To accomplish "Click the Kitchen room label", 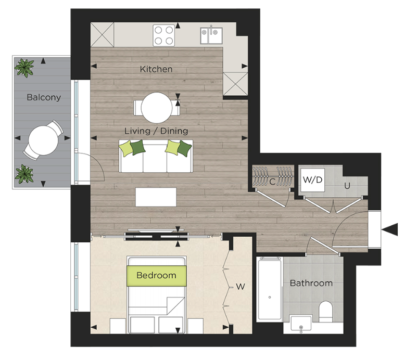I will (156, 69).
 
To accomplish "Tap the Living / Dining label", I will (156, 131).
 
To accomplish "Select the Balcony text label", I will (44, 97).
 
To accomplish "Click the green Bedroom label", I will (156, 275).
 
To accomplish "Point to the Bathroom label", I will (311, 284).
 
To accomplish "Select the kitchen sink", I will (211, 35).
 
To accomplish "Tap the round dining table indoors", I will (157, 107).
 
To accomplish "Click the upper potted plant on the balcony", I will (24, 67).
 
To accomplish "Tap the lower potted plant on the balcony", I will (23, 174).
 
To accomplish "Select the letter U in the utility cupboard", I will (345, 185).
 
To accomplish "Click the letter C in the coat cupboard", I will (272, 182).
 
